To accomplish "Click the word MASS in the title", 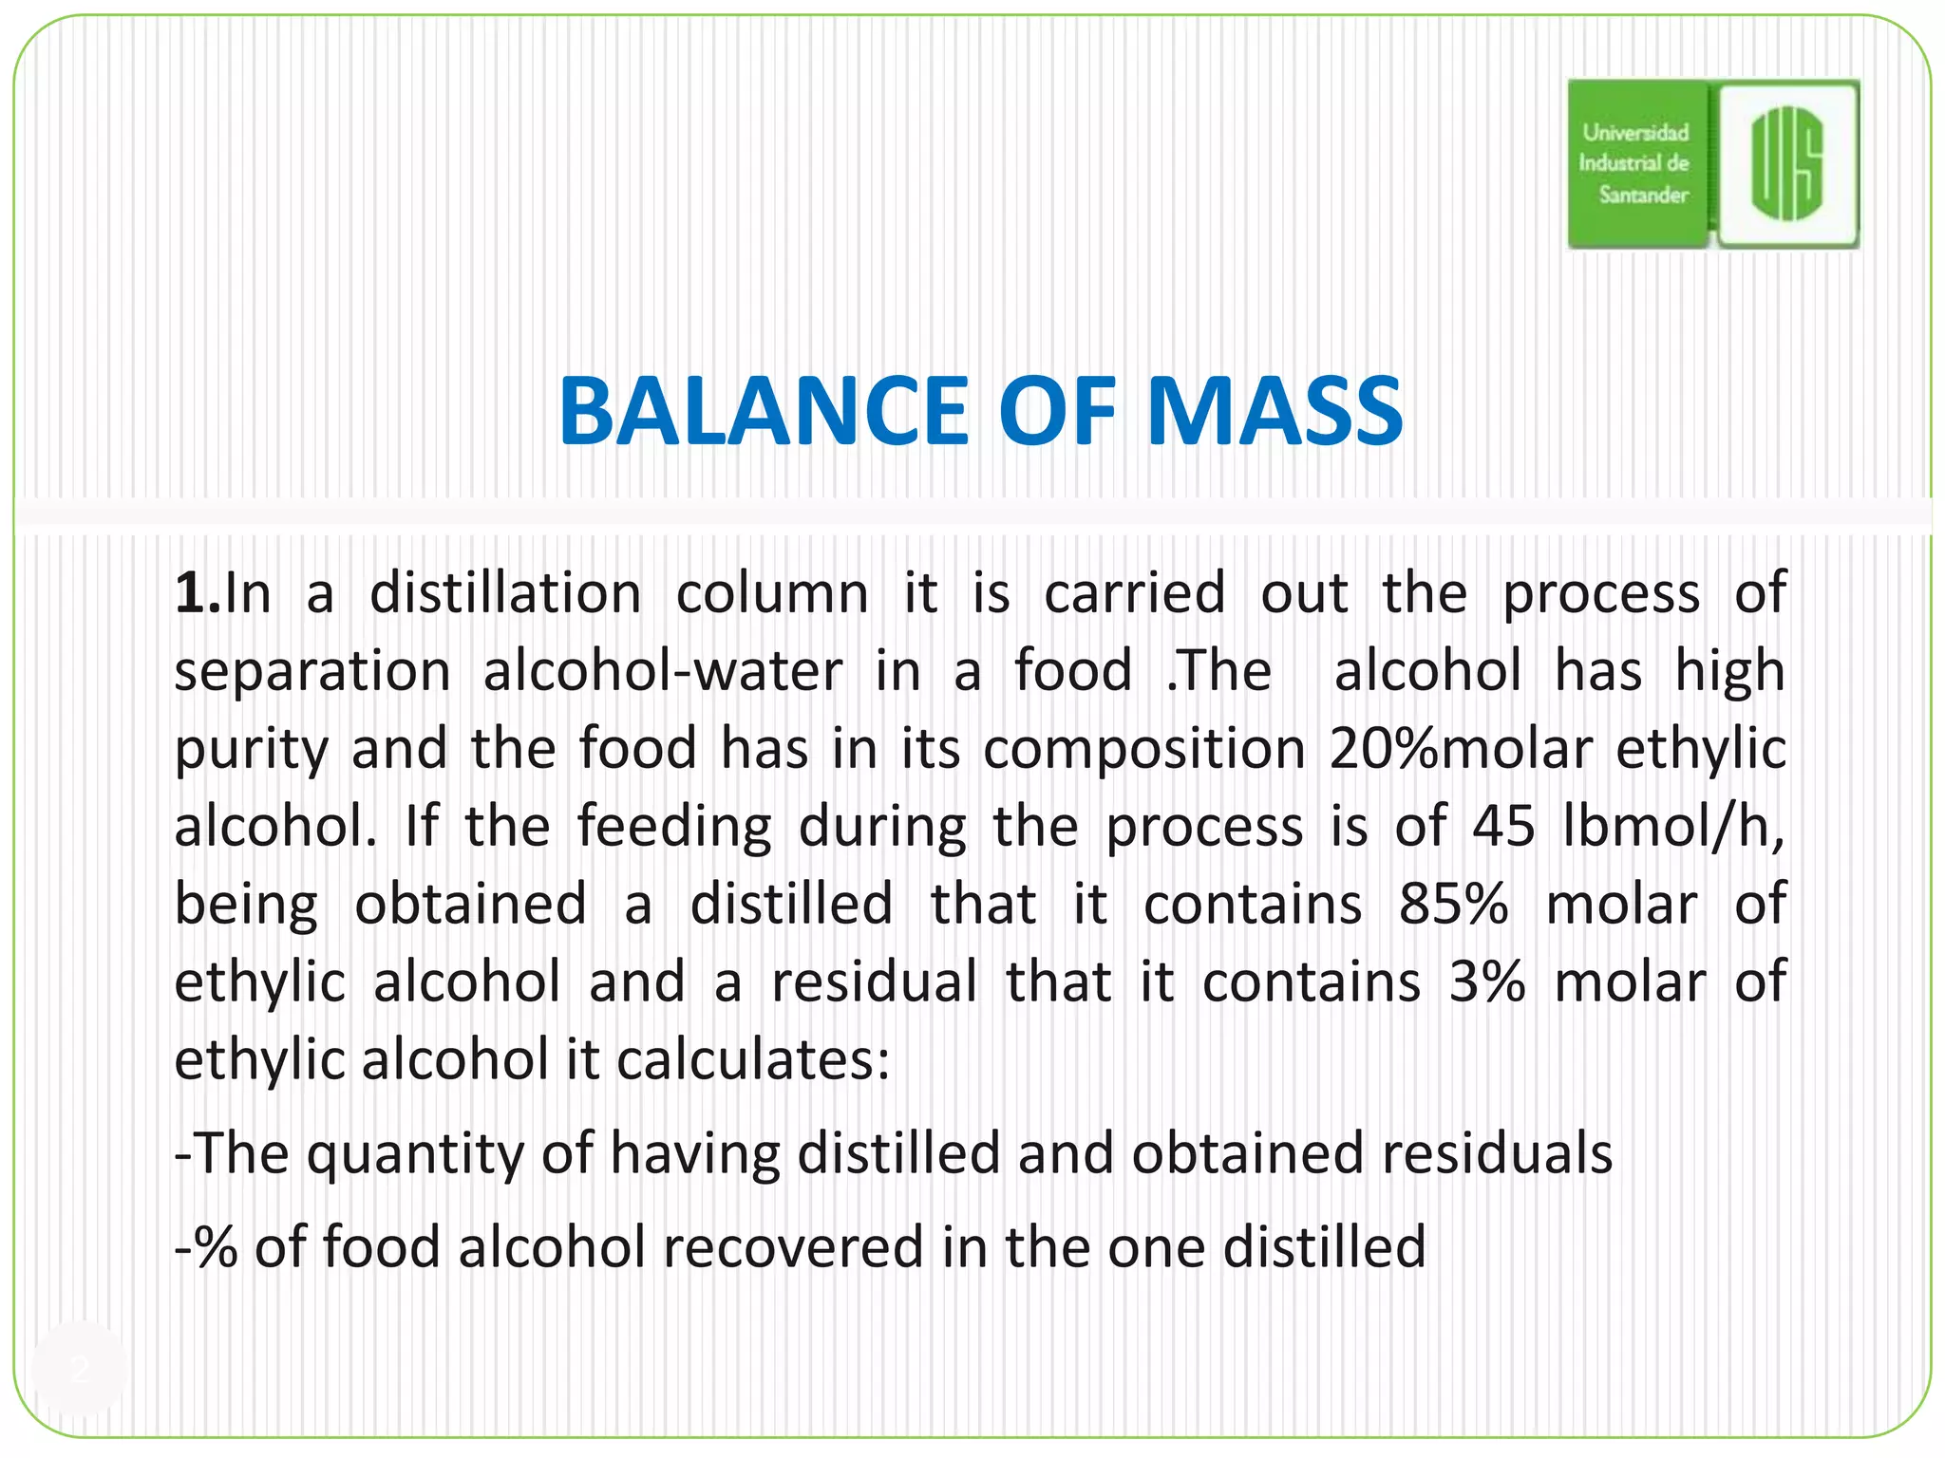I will (x=1275, y=411).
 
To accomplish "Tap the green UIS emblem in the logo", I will (x=1787, y=163).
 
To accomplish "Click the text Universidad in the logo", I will (x=1635, y=133).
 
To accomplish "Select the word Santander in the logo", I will (x=1643, y=195).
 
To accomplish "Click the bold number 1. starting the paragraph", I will (x=197, y=594).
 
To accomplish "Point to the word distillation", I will (x=505, y=594).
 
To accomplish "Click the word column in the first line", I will (x=771, y=594).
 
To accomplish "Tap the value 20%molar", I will (x=1461, y=749).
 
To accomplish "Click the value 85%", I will (x=1453, y=904).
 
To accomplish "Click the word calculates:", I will (x=753, y=1059).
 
